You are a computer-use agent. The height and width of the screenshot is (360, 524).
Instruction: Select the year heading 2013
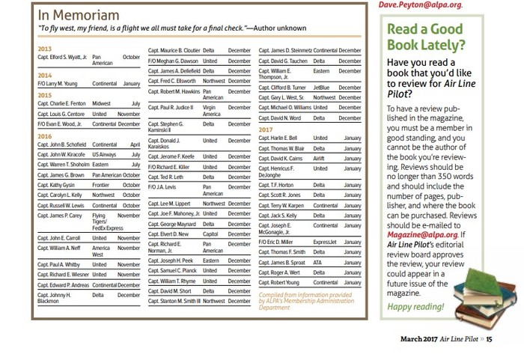pyautogui.click(x=44, y=49)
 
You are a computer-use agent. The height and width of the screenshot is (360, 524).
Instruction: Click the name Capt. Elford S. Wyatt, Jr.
pyautogui.click(x=63, y=57)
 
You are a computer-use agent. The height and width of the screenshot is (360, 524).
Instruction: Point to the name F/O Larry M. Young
pyautogui.click(x=60, y=84)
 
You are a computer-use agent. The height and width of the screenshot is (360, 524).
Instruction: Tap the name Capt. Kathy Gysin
pyautogui.click(x=56, y=185)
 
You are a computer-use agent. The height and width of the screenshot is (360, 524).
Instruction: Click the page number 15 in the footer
pyautogui.click(x=490, y=339)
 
